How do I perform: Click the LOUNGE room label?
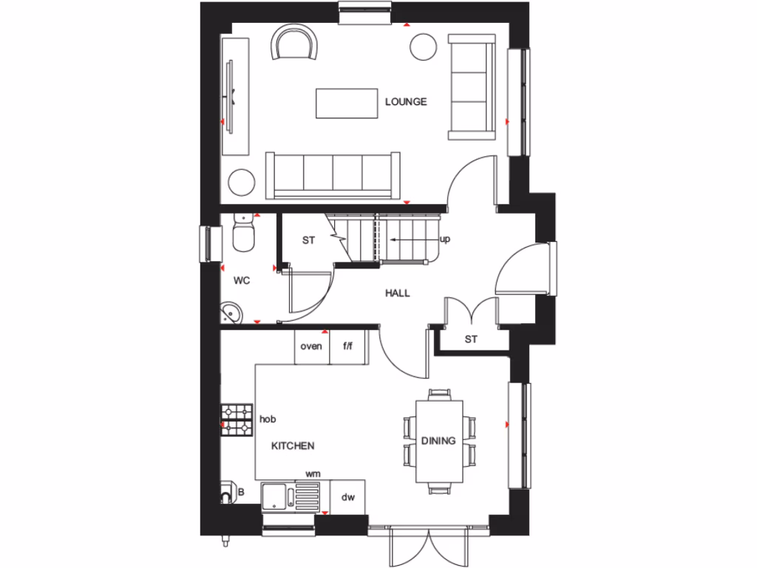[406, 102]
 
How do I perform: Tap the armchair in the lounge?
[295, 42]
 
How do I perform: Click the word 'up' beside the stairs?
[445, 240]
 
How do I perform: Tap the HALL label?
[397, 293]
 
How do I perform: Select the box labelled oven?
[311, 346]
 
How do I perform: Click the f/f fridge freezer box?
[348, 346]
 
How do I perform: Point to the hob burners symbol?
[237, 419]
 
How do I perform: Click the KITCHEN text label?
[293, 446]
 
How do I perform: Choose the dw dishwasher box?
[348, 497]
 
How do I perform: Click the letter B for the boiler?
[241, 492]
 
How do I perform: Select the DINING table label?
[439, 441]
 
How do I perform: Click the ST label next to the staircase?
[308, 240]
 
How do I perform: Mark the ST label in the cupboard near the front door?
[471, 339]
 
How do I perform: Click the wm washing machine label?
[313, 473]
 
